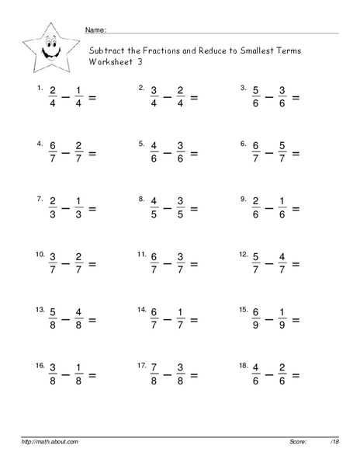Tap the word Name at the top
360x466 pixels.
tap(94, 30)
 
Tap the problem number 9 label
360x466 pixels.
tap(244, 199)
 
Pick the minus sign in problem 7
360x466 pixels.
tap(67, 209)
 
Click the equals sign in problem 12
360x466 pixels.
tap(295, 264)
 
